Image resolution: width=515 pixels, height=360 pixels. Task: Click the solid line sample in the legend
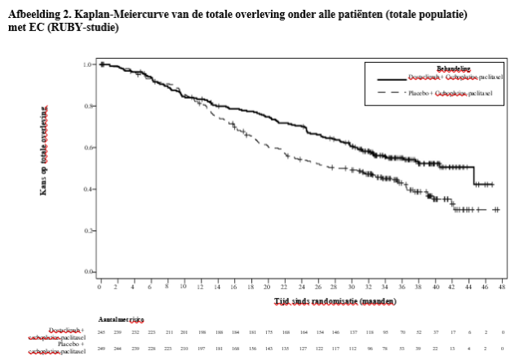click(x=391, y=79)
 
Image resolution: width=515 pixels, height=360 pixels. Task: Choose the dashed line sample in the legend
click(x=391, y=95)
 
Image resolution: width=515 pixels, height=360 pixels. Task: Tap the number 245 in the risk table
click(x=101, y=332)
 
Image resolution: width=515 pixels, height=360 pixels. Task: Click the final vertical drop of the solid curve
click(x=474, y=176)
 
